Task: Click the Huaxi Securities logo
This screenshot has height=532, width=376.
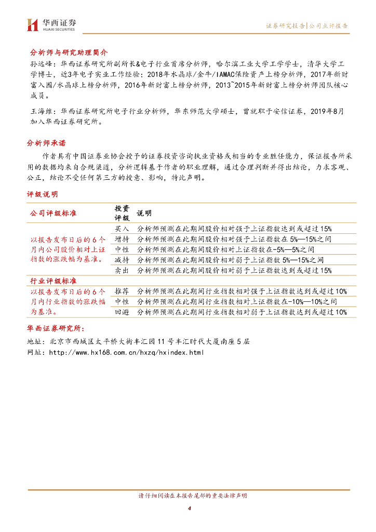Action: pos(51,24)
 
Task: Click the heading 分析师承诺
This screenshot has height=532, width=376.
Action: pos(46,143)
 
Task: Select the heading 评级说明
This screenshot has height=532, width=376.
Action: pos(43,194)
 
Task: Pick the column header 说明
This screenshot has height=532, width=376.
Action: pos(144,213)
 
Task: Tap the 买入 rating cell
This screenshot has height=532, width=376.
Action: pos(122,229)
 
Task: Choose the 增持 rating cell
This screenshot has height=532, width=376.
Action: pos(122,239)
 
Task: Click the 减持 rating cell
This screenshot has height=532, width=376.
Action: pos(122,260)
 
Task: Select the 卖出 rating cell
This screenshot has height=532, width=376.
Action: pos(122,270)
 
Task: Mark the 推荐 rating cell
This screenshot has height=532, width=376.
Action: pos(122,291)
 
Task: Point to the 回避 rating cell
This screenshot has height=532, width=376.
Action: pos(122,312)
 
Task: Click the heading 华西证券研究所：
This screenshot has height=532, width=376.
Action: pos(58,329)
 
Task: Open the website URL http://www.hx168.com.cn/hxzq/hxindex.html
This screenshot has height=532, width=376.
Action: pos(126,352)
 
